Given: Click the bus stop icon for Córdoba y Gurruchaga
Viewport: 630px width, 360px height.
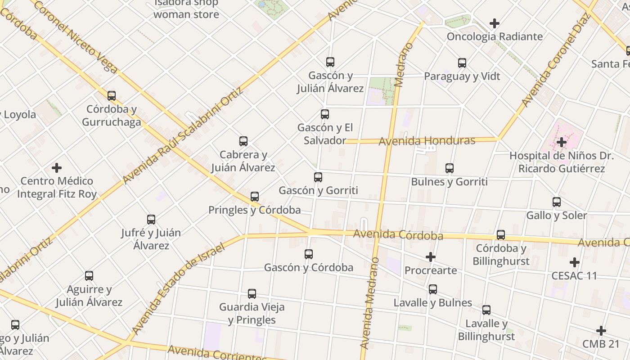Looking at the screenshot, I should click(112, 95).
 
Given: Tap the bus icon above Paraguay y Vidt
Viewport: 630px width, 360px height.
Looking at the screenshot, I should click(462, 63).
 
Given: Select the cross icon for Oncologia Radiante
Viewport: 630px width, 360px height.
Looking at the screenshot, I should click(495, 23).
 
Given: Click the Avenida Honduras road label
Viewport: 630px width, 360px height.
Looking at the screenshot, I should click(427, 141).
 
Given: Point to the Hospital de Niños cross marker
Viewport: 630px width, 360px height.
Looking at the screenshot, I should click(561, 142).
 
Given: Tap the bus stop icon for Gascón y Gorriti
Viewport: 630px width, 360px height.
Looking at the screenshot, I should click(318, 177).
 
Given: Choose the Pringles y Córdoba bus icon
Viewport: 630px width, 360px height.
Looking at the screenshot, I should click(255, 197).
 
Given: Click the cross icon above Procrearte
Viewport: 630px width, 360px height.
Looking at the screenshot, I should click(431, 257).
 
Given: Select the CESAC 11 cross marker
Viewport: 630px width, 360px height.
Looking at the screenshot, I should click(574, 262).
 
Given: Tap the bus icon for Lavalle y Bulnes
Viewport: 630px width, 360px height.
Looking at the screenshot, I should click(432, 289).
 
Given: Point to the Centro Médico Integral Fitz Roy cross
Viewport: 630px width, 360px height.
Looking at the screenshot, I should click(57, 168).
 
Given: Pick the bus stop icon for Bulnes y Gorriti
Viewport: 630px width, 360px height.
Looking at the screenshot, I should click(449, 168).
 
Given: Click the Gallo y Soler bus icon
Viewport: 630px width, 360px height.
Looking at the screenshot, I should click(557, 202).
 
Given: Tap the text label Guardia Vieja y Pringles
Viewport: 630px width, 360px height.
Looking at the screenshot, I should click(252, 314).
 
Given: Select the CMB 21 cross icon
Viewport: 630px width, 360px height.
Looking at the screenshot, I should click(601, 331).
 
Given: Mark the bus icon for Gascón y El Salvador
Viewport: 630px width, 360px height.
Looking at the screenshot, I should click(324, 114).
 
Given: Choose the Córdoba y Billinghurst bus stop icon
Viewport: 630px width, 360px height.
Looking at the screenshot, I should click(500, 235).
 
